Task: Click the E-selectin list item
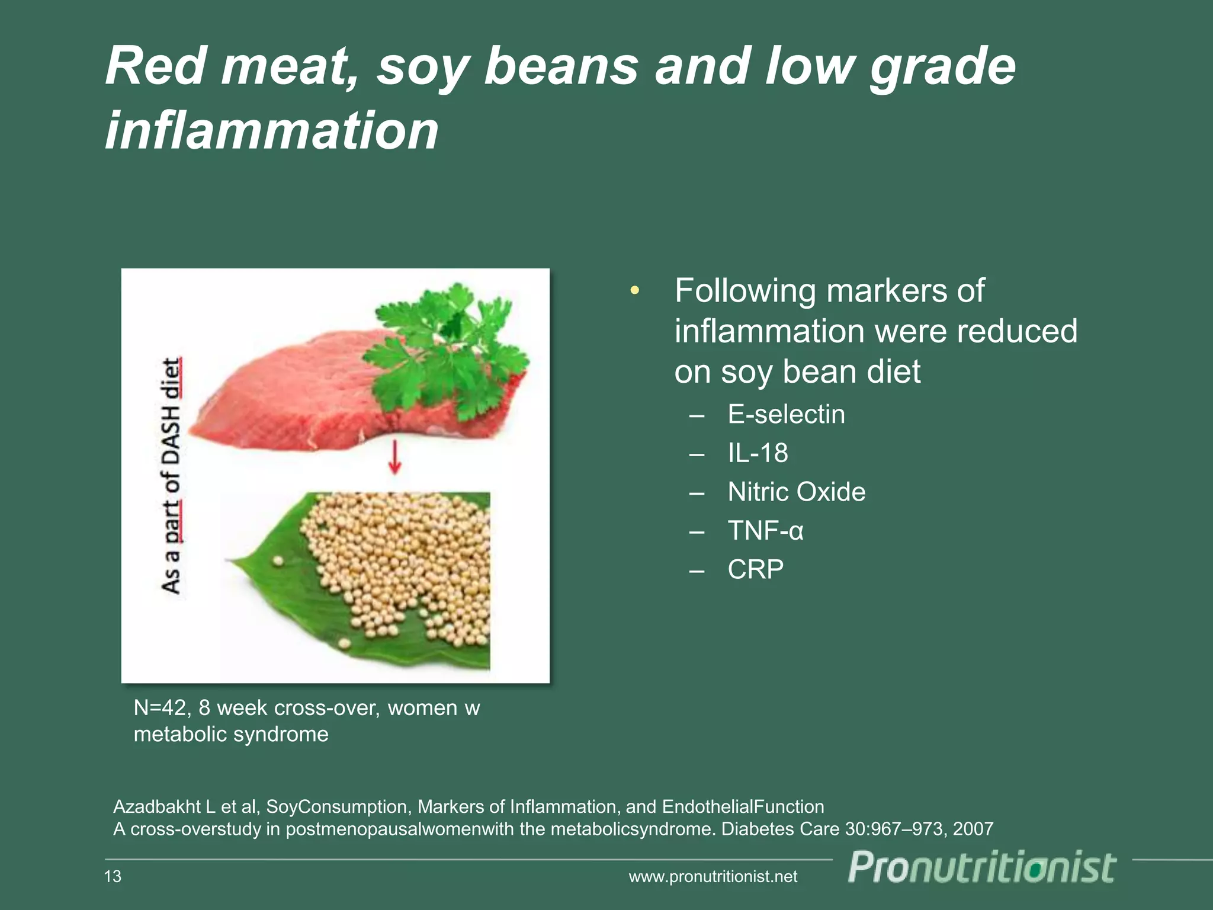(x=785, y=414)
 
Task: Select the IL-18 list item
(x=758, y=453)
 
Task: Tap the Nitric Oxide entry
(x=796, y=492)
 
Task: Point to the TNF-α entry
(x=765, y=531)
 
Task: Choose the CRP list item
(x=755, y=569)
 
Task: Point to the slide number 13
(x=113, y=876)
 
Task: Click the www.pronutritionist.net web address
(x=713, y=877)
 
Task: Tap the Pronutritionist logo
(x=982, y=869)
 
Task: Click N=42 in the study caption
(x=161, y=708)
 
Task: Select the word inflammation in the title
(x=271, y=130)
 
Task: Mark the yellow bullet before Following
(x=635, y=290)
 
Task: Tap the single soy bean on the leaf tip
(x=277, y=560)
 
